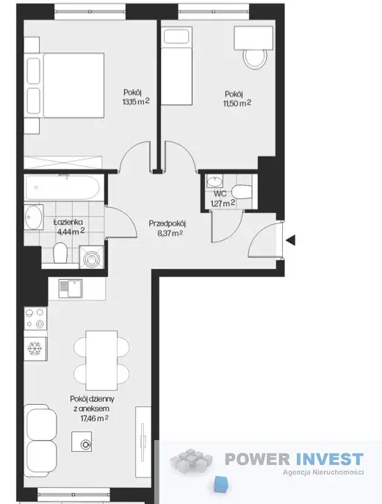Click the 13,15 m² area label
136,101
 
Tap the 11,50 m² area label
237,103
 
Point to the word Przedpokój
167,223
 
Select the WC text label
220,193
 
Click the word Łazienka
68,222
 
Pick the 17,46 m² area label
94,418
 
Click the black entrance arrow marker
291,240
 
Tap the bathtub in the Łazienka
62,188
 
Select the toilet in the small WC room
242,192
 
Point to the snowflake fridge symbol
35,349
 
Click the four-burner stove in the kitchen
35,319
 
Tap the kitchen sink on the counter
71,288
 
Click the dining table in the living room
101,360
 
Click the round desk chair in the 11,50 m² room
256,59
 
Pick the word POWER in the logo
258,458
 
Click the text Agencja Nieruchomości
323,472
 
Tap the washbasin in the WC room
215,182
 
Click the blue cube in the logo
221,484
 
